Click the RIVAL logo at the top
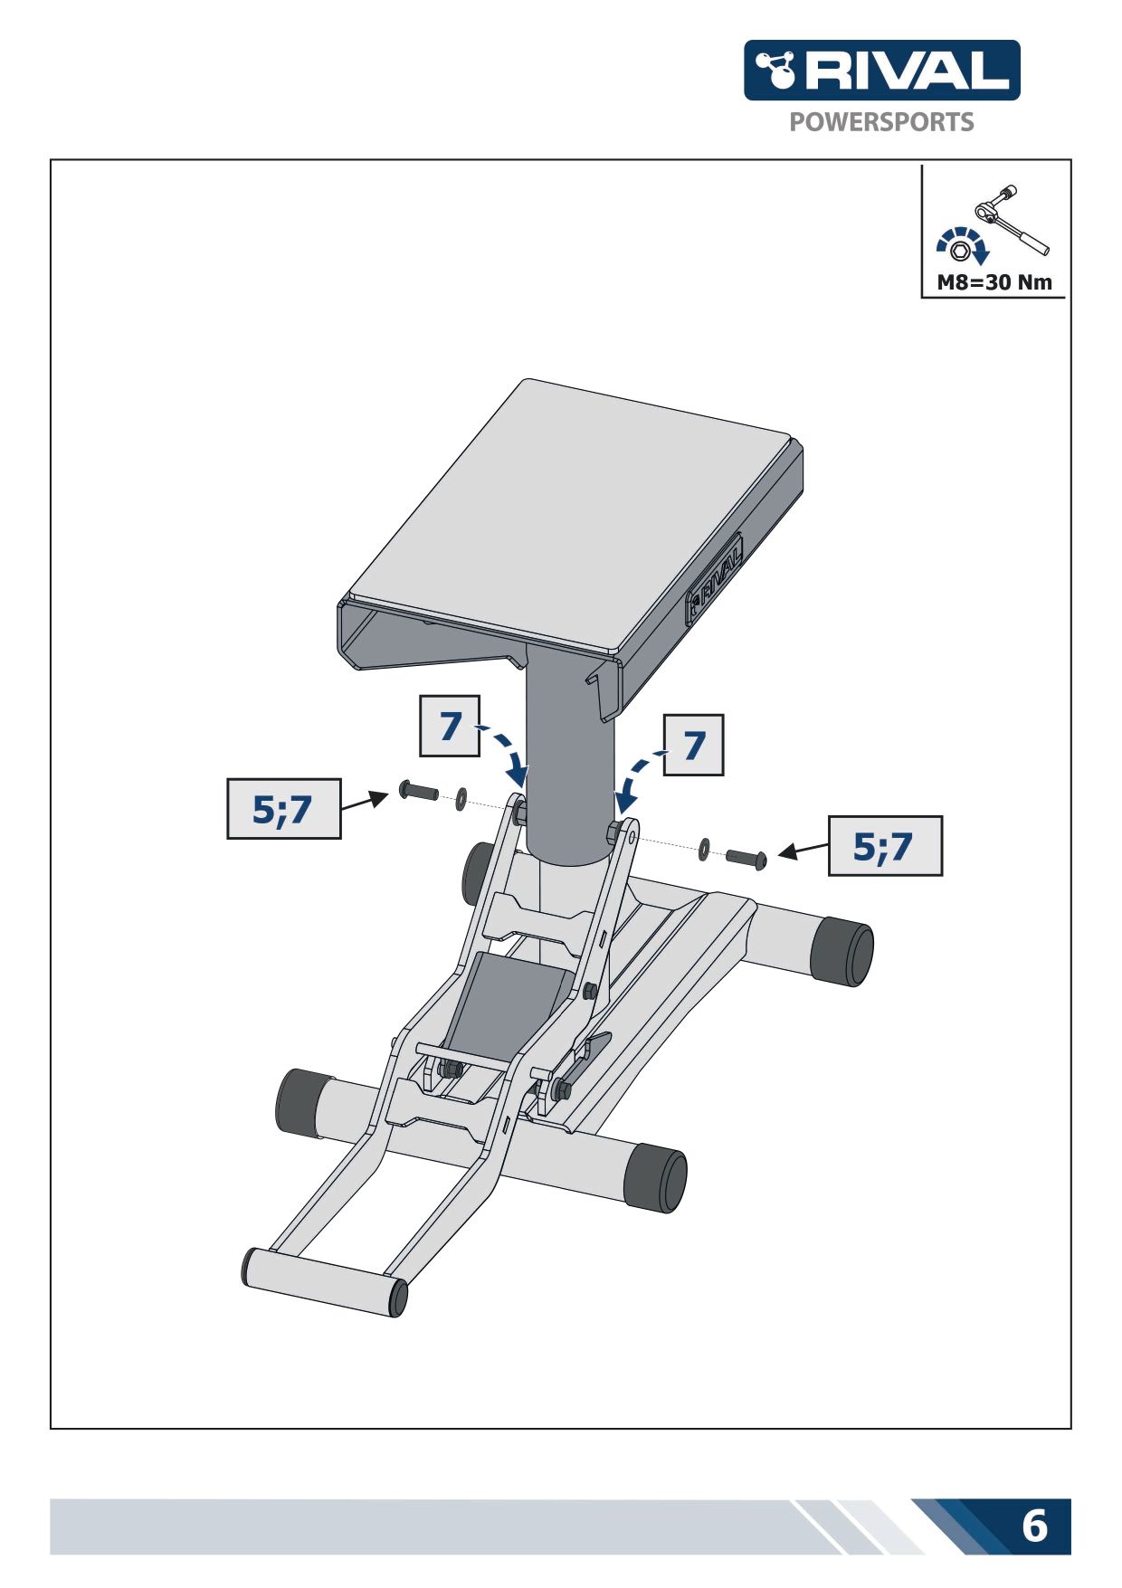[x=881, y=70]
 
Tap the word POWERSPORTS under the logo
[x=881, y=122]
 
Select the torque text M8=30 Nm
[x=994, y=282]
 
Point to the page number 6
[x=1034, y=1526]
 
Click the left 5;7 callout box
[x=284, y=808]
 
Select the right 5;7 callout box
[x=885, y=846]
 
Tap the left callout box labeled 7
[x=450, y=726]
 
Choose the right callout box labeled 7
[x=694, y=745]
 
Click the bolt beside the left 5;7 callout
[x=418, y=792]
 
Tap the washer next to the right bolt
[x=704, y=850]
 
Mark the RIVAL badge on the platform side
[x=715, y=577]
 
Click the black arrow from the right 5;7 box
[x=803, y=849]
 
